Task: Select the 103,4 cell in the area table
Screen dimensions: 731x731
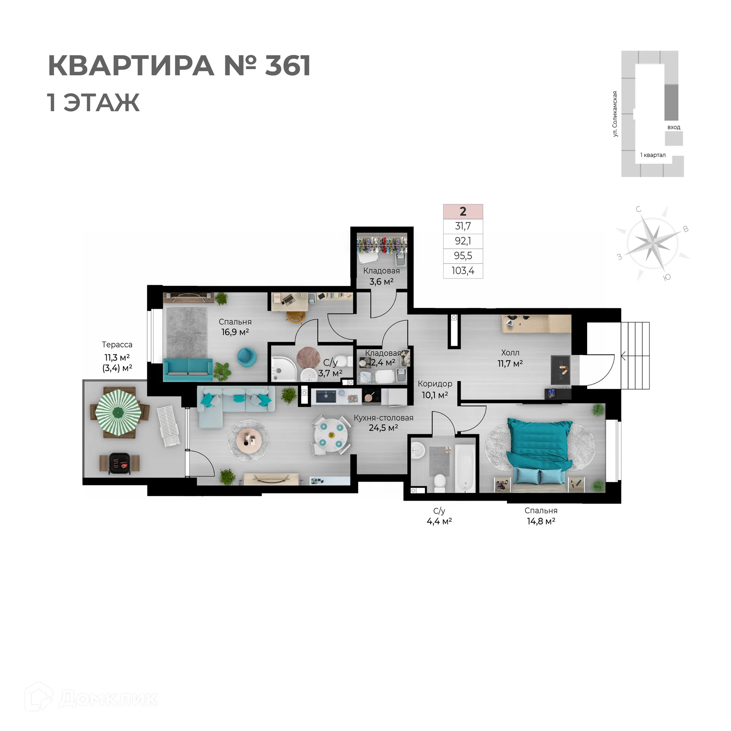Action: (x=463, y=271)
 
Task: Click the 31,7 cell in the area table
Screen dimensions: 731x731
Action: (x=463, y=226)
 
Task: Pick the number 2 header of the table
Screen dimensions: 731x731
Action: (x=463, y=211)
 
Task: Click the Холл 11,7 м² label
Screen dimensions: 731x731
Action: (x=510, y=358)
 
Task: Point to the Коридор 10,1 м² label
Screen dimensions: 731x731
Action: (x=435, y=389)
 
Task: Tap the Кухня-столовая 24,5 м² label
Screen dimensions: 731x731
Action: (x=383, y=423)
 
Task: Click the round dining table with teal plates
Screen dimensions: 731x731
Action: (x=331, y=435)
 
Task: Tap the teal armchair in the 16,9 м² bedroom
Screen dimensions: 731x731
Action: (x=246, y=357)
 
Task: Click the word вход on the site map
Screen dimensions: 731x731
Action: (x=674, y=127)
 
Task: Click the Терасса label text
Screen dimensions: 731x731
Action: (x=117, y=345)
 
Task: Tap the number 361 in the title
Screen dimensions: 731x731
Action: (x=287, y=65)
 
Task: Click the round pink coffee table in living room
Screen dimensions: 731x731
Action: (x=249, y=440)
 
